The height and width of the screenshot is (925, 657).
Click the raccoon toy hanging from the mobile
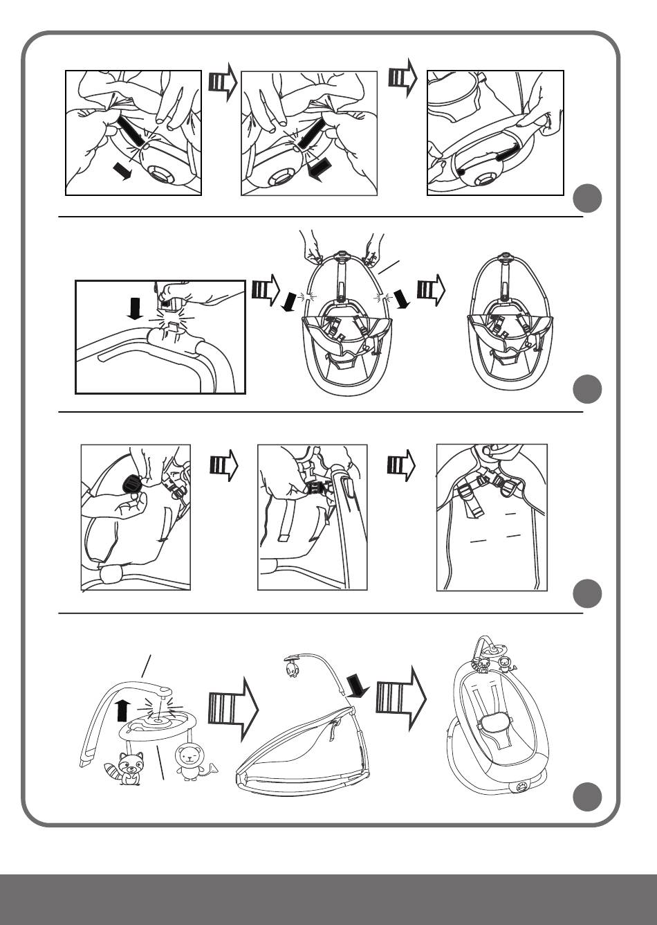[129, 767]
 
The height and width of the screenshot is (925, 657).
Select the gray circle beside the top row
[587, 198]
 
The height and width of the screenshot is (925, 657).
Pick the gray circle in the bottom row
[587, 796]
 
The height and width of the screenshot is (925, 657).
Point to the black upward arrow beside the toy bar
[122, 710]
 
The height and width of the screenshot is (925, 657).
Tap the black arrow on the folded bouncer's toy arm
[358, 688]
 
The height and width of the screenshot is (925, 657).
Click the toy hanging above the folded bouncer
[293, 670]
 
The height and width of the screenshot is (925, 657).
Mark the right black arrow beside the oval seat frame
[401, 299]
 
